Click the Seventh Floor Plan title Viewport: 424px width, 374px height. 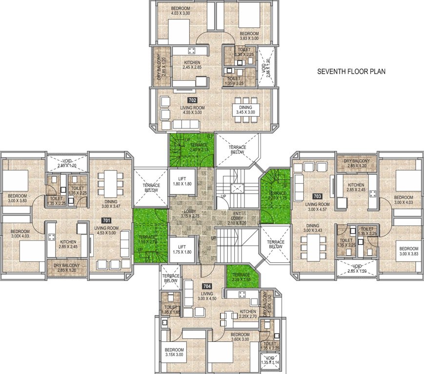[x=351, y=72]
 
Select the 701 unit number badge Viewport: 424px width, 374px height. [x=106, y=221]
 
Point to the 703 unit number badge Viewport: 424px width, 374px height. [x=318, y=196]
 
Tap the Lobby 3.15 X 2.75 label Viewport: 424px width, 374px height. [x=191, y=213]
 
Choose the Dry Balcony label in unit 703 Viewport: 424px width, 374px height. [x=357, y=163]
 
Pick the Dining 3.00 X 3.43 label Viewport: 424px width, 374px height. [x=312, y=228]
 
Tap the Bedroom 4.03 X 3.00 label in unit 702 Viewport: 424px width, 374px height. [x=174, y=12]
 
